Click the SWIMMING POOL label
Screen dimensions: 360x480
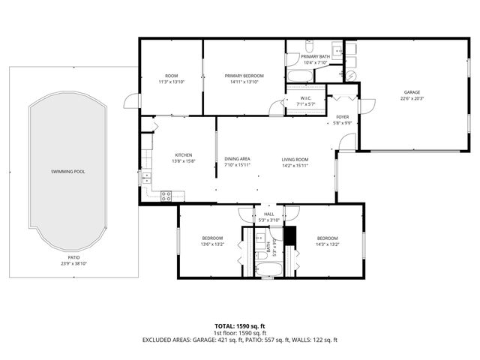click(x=67, y=172)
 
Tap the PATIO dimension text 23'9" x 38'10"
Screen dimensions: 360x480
click(x=73, y=263)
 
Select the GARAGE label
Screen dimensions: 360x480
click(x=412, y=92)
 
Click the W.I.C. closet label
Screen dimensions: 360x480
click(x=305, y=98)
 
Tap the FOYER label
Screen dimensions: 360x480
click(x=343, y=117)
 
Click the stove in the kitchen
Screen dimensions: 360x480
click(x=166, y=196)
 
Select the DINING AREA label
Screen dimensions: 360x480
click(x=237, y=159)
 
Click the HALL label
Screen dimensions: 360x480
click(x=268, y=214)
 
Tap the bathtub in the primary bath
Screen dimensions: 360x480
click(x=293, y=75)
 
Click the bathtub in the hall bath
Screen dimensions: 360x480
click(x=266, y=271)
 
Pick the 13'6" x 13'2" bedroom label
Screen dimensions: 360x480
click(x=212, y=240)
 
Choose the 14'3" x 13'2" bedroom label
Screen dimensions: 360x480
click(x=328, y=240)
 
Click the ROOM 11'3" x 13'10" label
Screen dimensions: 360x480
click(x=170, y=78)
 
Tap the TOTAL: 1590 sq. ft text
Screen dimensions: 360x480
click(x=240, y=326)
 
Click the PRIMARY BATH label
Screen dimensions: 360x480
click(x=315, y=57)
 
